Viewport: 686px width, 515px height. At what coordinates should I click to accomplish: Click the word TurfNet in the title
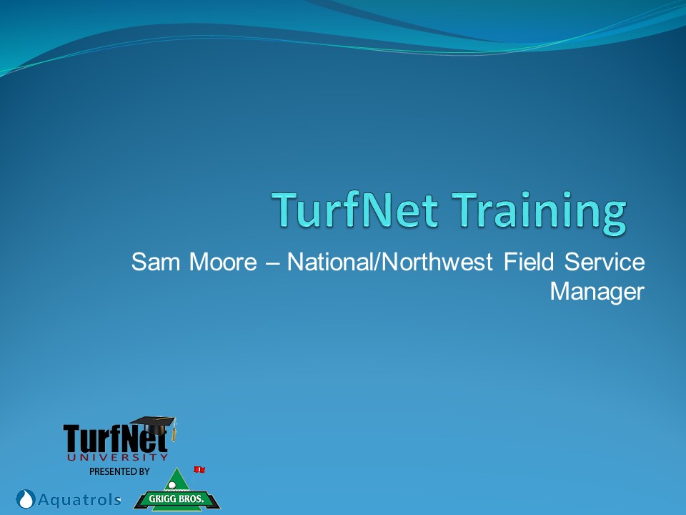355,210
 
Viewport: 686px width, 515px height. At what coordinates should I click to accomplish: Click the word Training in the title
539,212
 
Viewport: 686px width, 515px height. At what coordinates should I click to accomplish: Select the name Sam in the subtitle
156,262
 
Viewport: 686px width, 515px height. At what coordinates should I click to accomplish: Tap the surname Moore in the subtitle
223,262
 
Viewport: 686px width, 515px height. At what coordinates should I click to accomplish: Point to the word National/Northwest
390,262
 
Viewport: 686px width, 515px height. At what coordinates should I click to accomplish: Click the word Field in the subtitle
529,262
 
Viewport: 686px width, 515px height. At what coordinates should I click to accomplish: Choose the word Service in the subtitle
605,262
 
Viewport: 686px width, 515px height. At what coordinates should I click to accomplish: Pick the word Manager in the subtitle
597,292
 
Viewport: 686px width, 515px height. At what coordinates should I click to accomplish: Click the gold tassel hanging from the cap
174,432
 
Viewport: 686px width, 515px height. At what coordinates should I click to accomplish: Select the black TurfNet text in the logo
115,438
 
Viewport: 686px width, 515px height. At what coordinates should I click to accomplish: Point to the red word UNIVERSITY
118,457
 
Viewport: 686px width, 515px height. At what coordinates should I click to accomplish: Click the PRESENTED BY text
119,471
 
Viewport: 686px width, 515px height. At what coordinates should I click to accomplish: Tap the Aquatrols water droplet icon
26,499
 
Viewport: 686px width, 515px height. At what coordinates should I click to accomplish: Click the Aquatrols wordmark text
79,499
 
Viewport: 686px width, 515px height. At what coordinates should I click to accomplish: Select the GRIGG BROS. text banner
177,499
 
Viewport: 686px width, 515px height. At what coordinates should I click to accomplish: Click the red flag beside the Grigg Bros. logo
199,469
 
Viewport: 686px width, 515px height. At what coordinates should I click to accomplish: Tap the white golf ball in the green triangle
172,485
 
